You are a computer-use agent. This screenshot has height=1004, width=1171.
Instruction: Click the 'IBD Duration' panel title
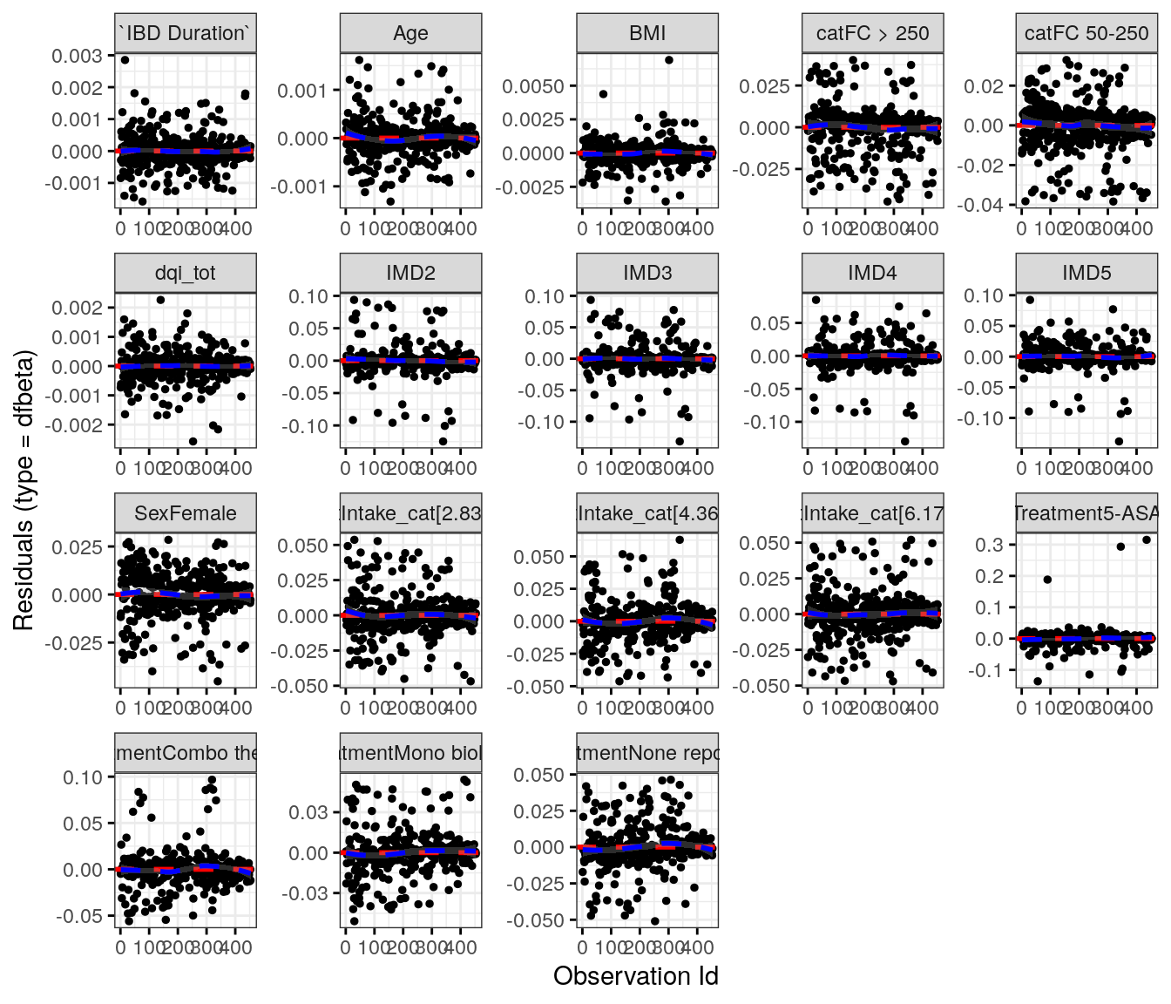[185, 33]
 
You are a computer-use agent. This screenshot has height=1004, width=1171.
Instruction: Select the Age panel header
[410, 33]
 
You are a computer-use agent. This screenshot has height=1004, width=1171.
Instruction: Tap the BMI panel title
[647, 33]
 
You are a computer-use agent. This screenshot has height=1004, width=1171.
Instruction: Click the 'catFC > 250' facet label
[872, 33]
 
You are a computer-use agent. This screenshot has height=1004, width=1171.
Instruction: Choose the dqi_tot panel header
[185, 273]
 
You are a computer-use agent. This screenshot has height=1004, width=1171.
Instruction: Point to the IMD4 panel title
[872, 273]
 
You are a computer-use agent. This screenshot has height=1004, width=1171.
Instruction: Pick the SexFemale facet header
[185, 513]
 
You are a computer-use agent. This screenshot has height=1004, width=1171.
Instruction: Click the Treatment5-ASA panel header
[1086, 513]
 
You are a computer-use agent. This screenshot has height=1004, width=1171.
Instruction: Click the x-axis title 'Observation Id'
[635, 976]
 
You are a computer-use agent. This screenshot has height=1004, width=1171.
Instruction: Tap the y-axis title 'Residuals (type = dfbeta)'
[24, 490]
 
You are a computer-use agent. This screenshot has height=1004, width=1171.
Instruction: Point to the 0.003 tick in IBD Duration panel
[77, 56]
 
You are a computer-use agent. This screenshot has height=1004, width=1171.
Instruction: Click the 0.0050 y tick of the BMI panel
[533, 86]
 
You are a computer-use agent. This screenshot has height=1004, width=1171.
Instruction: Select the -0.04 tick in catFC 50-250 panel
[984, 205]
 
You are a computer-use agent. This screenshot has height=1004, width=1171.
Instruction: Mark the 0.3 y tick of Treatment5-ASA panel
[995, 545]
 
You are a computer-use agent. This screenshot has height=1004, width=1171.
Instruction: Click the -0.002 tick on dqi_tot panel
[77, 425]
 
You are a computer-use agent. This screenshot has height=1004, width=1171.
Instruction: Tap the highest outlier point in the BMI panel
[668, 60]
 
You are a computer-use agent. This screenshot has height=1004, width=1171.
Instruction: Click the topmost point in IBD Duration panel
[125, 60]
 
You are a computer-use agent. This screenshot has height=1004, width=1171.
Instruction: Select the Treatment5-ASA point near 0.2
[1047, 580]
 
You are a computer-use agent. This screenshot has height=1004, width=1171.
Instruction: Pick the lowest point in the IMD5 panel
[1119, 441]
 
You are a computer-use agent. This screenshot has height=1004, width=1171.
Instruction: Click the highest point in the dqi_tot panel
[160, 300]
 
